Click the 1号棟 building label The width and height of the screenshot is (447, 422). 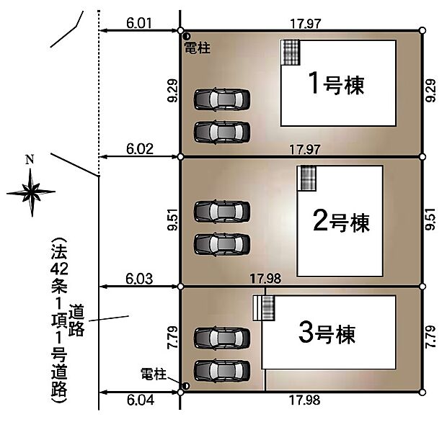coord(335,84)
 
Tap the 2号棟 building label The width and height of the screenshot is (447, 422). coord(341,222)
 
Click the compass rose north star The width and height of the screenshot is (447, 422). coord(31,192)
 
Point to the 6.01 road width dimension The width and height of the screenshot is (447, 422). coord(139,23)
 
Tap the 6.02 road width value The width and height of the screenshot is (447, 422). coord(139,149)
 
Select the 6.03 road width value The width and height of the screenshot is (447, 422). coord(139,279)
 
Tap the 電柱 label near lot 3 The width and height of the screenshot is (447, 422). coord(153,374)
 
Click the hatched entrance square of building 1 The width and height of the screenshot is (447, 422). coord(291,53)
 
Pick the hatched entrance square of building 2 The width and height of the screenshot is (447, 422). coord(307,178)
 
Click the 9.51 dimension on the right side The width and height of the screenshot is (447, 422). coord(431,220)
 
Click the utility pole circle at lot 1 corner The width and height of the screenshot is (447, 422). coord(186,36)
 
